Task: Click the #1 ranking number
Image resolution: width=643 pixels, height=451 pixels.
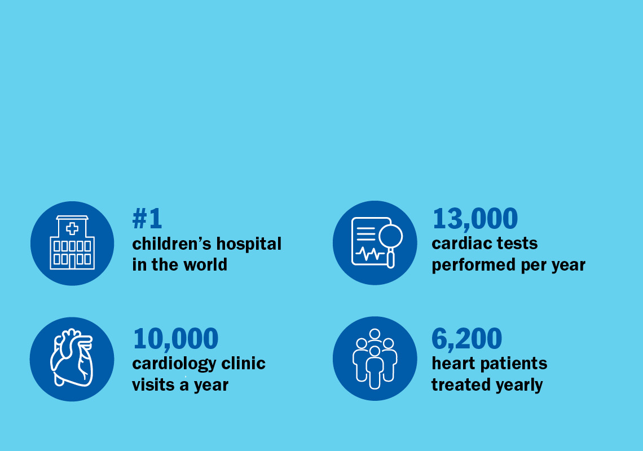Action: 147,219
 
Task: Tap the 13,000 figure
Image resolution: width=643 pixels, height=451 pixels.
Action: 475,219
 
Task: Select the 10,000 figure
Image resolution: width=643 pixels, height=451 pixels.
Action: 175,339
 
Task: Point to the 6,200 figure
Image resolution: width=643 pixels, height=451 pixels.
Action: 466,339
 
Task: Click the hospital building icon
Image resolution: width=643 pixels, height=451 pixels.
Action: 72,242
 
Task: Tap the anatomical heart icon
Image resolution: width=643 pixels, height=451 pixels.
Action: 72,357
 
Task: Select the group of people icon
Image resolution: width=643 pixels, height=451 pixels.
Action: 375,359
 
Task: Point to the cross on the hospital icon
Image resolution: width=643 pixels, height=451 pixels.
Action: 72,228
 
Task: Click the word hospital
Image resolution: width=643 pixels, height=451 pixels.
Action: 249,244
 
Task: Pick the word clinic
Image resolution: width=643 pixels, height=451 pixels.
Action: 244,363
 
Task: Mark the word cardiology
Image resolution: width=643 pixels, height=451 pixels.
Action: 174,364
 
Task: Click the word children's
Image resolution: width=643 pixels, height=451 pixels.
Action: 171,244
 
